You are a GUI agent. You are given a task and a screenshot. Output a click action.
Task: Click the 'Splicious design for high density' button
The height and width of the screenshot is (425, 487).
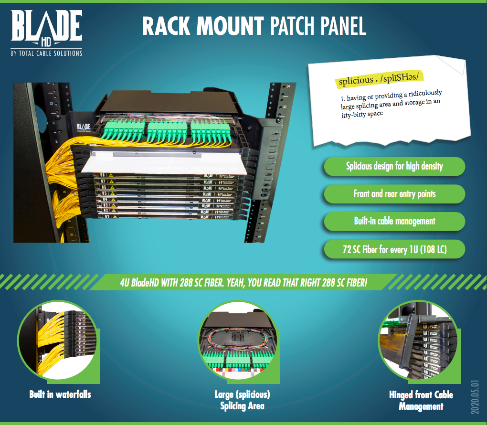pos(394,166)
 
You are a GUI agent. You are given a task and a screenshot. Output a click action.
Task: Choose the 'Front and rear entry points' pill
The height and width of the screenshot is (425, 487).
pos(394,194)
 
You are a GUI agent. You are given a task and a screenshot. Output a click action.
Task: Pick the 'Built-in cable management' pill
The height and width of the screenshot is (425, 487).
pos(394,221)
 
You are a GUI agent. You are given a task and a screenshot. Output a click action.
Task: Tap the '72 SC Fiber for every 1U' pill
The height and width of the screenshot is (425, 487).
pos(394,249)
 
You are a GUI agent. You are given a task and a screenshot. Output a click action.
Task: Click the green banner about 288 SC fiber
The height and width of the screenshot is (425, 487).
pos(243,282)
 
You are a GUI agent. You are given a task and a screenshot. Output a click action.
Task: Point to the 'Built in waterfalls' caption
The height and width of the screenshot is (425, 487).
pos(60,394)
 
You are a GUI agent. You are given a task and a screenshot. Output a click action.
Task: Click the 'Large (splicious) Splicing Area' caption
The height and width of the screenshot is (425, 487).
pos(243,401)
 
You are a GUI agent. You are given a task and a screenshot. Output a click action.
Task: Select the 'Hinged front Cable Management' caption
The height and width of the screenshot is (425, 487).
pos(421,401)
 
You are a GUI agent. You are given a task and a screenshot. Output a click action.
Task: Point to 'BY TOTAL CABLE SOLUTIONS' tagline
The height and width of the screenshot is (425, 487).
pos(46,53)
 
